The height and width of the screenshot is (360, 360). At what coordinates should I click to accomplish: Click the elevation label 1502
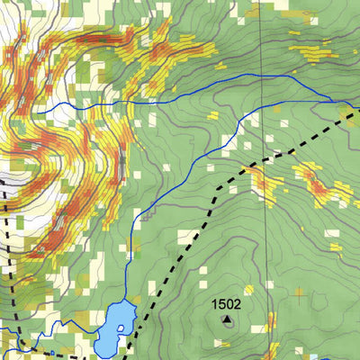[226, 304]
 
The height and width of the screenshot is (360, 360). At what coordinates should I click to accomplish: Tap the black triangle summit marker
[227, 319]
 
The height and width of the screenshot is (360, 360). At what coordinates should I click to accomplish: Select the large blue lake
[112, 328]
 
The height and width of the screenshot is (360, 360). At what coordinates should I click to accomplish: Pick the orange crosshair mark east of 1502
[298, 292]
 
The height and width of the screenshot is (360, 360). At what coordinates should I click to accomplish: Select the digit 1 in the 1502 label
[215, 304]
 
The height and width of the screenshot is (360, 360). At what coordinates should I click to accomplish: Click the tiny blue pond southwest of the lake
[53, 351]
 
